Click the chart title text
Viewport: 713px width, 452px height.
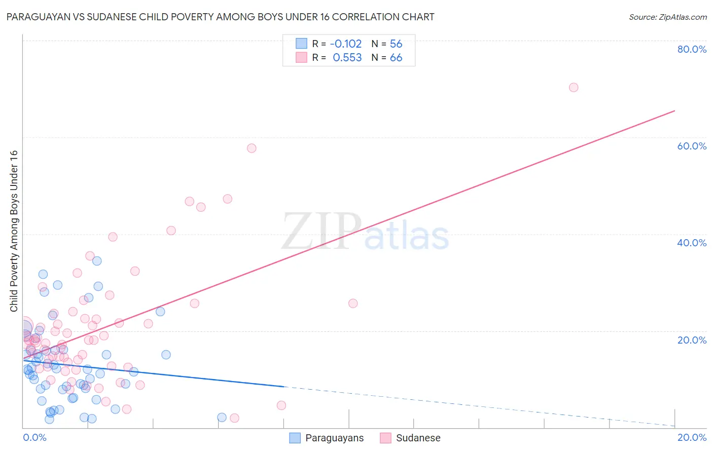(220, 17)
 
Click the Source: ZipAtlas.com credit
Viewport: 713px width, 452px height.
(667, 17)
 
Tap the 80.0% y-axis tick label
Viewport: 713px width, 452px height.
(692, 49)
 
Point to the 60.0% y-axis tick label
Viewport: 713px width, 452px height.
(692, 146)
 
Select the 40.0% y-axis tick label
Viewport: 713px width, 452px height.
(692, 243)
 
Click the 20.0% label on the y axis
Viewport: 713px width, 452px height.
(692, 340)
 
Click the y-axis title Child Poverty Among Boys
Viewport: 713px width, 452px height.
(14, 231)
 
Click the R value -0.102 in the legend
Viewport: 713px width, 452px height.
(346, 44)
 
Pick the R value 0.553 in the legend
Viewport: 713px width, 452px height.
(347, 58)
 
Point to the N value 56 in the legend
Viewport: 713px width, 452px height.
(396, 44)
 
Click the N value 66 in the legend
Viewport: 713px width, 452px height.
(396, 58)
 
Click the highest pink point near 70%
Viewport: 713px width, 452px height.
(574, 87)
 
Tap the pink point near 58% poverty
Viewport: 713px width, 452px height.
(252, 148)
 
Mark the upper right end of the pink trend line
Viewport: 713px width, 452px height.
(674, 111)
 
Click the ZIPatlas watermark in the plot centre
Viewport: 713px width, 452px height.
(365, 232)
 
